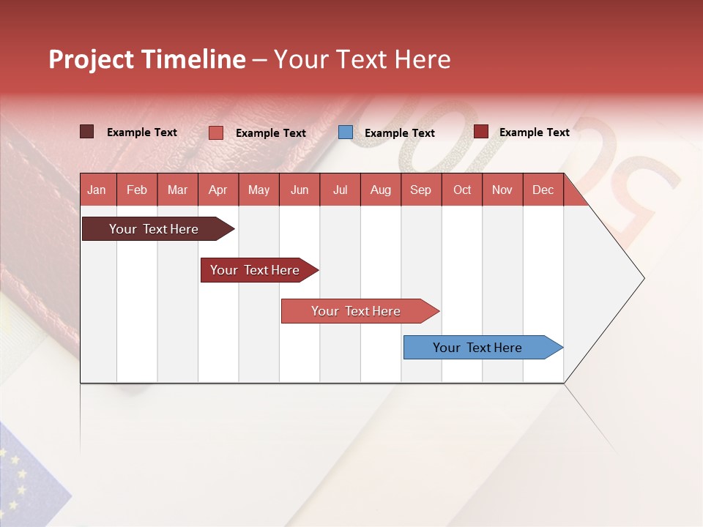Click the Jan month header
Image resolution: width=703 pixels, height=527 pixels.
pos(97,190)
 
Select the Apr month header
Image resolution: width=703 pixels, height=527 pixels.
pos(217,190)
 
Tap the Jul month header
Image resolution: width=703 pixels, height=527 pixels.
pos(340,190)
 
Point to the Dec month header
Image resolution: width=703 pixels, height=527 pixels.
pos(543,190)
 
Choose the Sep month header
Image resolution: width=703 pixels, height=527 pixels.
pos(420,190)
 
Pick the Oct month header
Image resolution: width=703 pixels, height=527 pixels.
pos(461,190)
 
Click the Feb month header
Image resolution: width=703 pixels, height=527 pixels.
pos(137,190)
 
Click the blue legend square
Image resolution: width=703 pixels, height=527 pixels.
pos(346,132)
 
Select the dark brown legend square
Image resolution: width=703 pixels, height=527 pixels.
pos(87,132)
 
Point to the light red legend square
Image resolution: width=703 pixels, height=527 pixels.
pos(216,132)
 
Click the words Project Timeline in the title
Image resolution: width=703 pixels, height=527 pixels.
pos(147,59)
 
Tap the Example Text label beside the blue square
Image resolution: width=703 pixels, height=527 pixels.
pos(399,133)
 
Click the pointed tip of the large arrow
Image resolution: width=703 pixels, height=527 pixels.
pos(642,278)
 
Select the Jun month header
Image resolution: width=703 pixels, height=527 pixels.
pos(299,190)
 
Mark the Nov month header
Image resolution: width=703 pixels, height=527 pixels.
pos(502,190)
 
